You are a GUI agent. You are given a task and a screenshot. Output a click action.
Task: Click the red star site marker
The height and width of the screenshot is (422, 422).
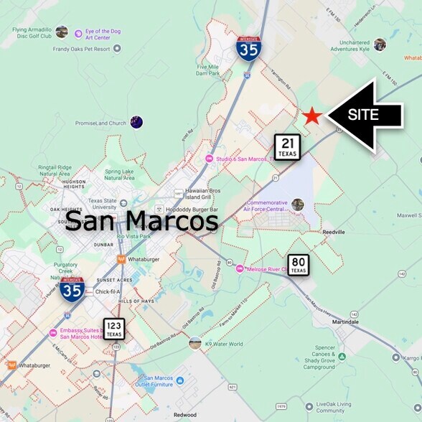(x=311, y=116)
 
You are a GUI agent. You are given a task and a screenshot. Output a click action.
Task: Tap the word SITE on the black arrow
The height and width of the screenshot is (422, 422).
(x=363, y=115)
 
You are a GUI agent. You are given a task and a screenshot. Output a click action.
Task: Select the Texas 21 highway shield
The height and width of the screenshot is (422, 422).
(x=286, y=148)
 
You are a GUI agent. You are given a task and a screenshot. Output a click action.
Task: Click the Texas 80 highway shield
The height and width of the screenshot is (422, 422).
(x=299, y=266)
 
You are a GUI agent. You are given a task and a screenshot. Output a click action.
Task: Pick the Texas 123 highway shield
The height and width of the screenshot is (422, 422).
(x=114, y=329)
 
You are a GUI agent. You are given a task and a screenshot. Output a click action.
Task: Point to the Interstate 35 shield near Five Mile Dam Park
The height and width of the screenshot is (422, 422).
(x=248, y=49)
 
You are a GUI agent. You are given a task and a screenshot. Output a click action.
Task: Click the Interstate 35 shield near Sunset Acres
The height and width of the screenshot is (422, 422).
(x=72, y=289)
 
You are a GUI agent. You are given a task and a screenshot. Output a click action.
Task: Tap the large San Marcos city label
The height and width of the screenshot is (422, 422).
(x=141, y=221)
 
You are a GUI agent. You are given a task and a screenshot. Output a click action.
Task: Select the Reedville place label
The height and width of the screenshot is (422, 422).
(x=335, y=232)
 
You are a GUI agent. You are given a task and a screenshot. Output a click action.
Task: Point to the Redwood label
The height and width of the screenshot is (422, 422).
(x=185, y=415)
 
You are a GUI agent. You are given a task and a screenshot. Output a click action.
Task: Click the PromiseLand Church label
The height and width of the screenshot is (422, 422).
(x=99, y=123)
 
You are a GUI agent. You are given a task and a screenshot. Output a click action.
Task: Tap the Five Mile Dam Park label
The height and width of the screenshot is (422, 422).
(x=207, y=70)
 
